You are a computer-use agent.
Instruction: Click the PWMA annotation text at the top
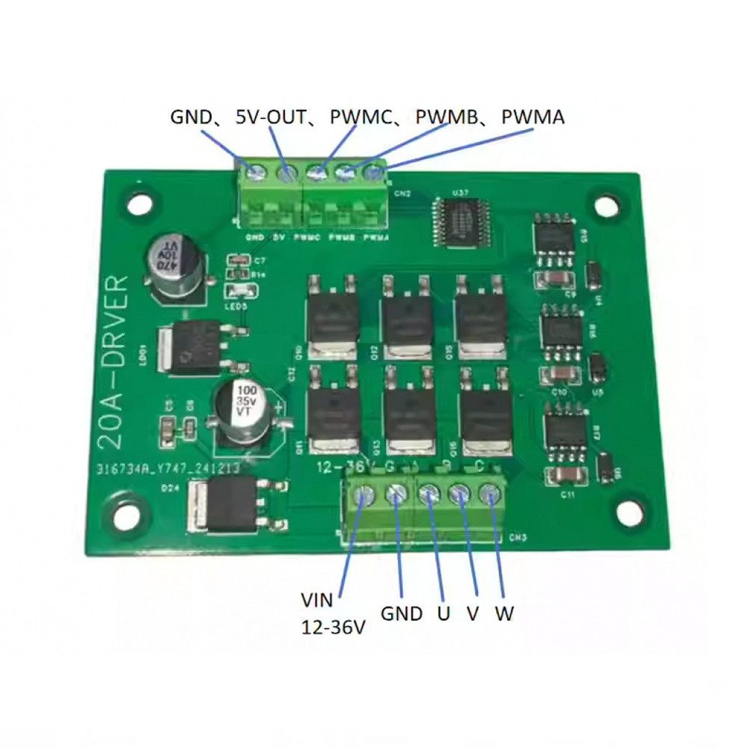[x=533, y=117]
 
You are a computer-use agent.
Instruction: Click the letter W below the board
[x=505, y=614]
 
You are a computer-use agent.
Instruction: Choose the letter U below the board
[x=444, y=614]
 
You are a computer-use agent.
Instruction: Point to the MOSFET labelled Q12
[x=408, y=318]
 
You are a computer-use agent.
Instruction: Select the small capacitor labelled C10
[x=559, y=374]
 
